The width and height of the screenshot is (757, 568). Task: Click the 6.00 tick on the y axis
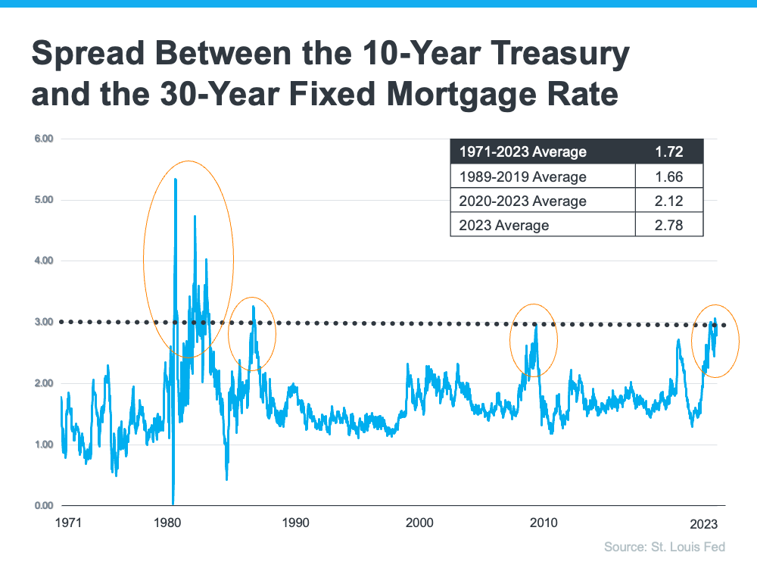click(x=43, y=139)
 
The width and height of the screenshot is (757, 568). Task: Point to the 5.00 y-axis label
click(x=43, y=200)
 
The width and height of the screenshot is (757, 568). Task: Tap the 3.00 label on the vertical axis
click(x=43, y=322)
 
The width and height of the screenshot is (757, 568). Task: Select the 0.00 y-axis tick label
click(x=43, y=505)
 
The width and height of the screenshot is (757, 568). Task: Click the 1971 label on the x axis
click(x=68, y=523)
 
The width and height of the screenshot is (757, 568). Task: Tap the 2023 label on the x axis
click(x=703, y=523)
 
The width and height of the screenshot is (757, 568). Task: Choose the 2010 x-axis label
click(x=544, y=523)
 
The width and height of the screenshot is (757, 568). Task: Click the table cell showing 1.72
click(x=669, y=151)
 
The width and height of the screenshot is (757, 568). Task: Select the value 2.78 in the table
click(x=669, y=225)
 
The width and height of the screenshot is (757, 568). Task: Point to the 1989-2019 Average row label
click(x=523, y=176)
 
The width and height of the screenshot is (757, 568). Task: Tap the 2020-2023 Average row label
click(x=523, y=201)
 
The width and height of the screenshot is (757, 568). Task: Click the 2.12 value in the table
click(x=669, y=201)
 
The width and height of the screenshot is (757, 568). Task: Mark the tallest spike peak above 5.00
click(x=176, y=179)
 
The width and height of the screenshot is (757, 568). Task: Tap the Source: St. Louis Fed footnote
click(x=665, y=547)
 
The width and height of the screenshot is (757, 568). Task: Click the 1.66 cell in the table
click(x=669, y=176)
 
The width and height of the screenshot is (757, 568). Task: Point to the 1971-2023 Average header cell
click(x=523, y=151)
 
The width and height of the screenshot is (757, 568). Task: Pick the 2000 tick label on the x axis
click(x=419, y=523)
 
